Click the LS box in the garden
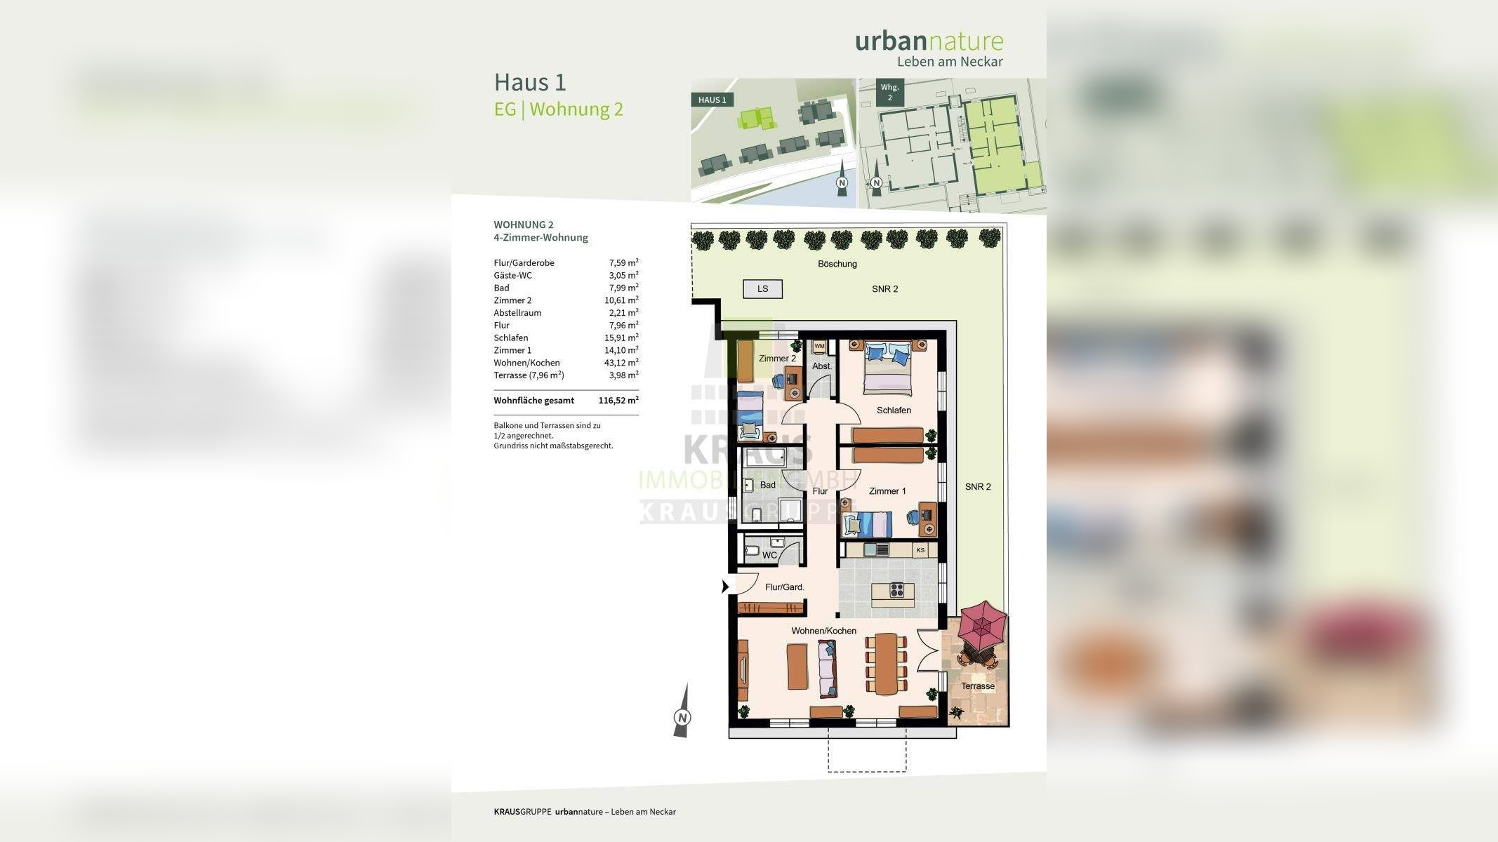tap(762, 288)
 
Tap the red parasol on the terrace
tap(981, 626)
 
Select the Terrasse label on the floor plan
tap(977, 686)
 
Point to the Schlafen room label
tap(894, 410)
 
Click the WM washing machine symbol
tap(819, 347)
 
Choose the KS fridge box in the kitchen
tap(920, 550)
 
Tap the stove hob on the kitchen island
tap(896, 590)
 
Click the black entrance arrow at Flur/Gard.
tap(725, 587)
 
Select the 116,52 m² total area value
tap(618, 401)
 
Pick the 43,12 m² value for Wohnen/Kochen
tap(621, 363)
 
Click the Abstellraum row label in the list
tap(517, 313)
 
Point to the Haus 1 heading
tap(530, 82)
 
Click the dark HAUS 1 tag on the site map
tap(712, 100)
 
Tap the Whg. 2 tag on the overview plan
tap(889, 93)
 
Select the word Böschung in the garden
tap(837, 264)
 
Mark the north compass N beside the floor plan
tap(682, 717)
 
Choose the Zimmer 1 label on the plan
tap(887, 491)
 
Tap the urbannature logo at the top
tap(929, 41)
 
